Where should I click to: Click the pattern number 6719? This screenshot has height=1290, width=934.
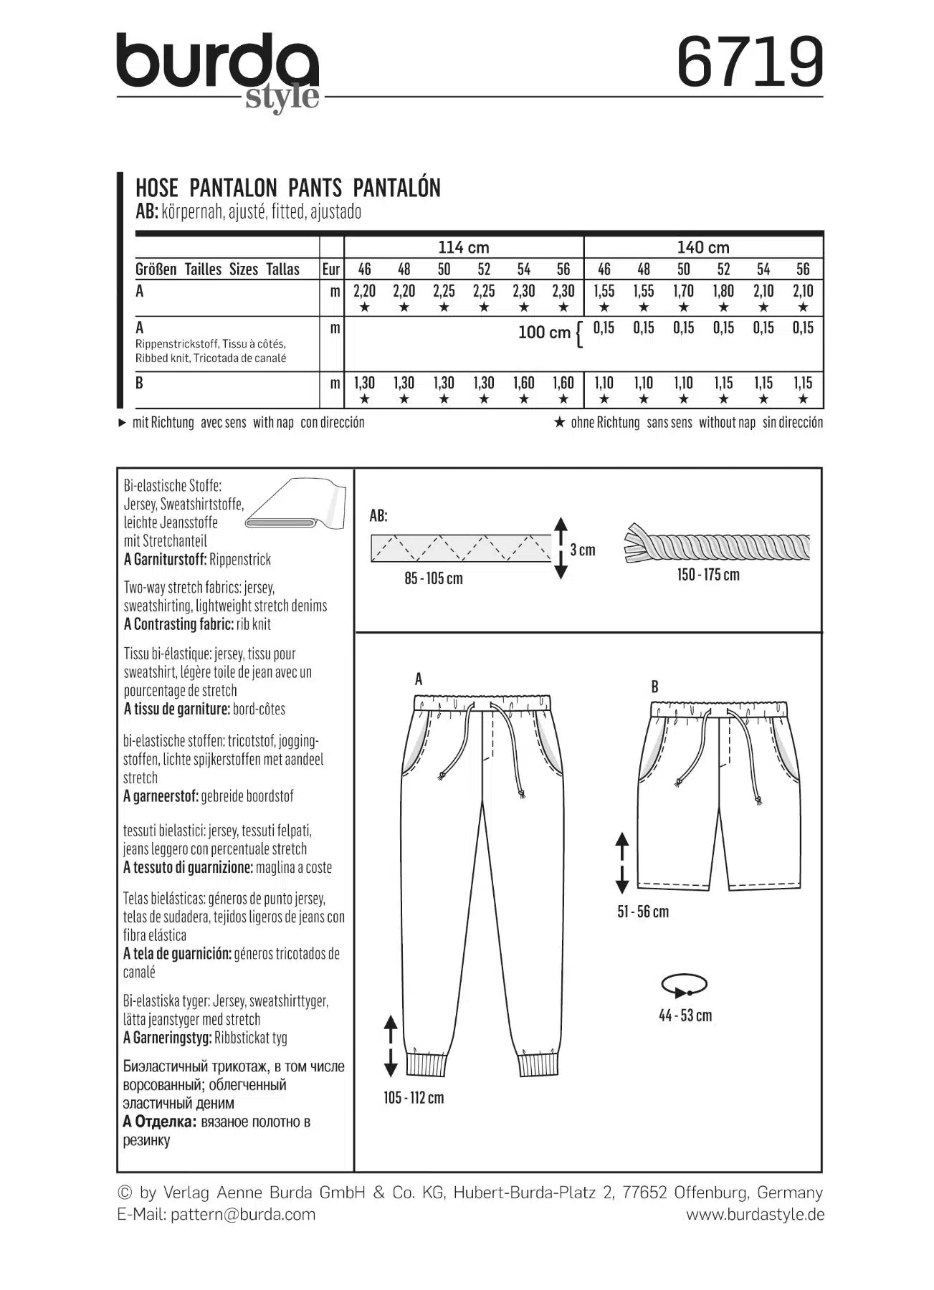coord(750,62)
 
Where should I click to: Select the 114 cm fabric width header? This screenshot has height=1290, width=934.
coord(463,247)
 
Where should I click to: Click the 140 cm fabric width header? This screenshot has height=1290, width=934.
coord(702,247)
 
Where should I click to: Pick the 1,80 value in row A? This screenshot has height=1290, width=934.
coord(723,291)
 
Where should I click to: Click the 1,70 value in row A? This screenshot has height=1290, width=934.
coord(683,291)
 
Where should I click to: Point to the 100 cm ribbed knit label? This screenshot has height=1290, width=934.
coord(544,333)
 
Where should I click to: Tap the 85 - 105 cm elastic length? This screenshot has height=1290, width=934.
coord(434,578)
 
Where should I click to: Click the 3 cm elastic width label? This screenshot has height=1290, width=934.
coord(583,550)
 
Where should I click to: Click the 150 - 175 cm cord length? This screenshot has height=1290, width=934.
coord(708,575)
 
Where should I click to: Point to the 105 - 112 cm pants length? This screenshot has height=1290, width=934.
coord(414,1098)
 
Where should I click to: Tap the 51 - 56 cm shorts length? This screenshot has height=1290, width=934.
coord(643,912)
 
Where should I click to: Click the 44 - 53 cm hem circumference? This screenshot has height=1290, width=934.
coord(685,1016)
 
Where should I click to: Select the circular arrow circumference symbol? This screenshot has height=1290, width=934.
coord(685,985)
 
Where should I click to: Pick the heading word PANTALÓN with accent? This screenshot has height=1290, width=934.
coord(396,188)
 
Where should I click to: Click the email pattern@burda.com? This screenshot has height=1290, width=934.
coord(243,1214)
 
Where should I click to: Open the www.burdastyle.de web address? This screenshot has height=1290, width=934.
coord(755,1214)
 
